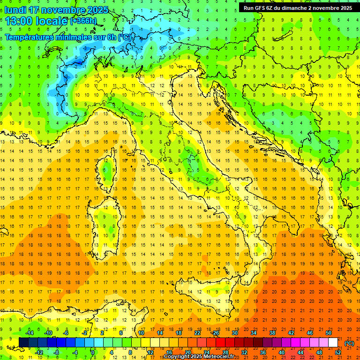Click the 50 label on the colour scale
[329, 333]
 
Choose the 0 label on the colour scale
[93, 352]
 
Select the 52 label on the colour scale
[338, 352]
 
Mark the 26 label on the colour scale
[215, 333]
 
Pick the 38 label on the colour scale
[272, 333]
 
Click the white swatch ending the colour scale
[333, 343]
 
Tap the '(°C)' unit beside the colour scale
[349, 343]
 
